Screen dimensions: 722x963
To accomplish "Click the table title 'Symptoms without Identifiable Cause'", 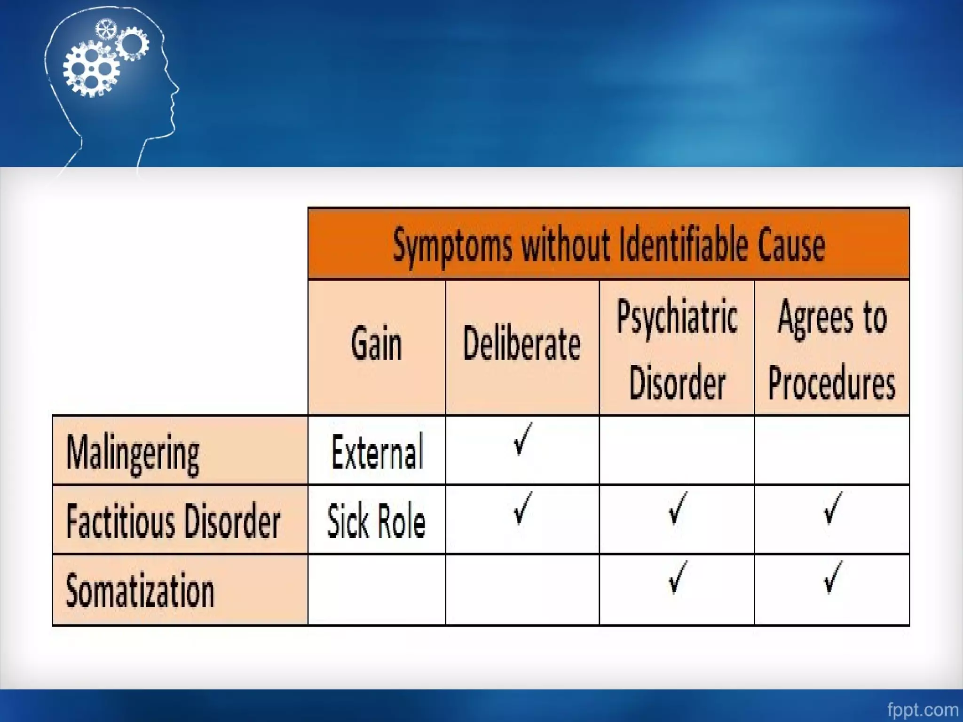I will pos(608,245).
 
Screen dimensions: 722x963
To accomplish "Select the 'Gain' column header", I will pos(376,345).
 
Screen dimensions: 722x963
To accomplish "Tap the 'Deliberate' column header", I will pos(521,345).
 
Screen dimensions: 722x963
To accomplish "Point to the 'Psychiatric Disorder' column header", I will pos(677,349).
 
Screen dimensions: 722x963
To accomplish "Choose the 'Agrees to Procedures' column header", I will pos(831,349).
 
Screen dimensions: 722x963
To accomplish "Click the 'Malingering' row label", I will pos(133,452).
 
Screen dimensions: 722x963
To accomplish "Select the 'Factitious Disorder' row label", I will pos(173,521).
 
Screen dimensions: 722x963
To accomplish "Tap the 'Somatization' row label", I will pos(140,590).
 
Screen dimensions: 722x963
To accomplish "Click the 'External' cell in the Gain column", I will pos(377,452).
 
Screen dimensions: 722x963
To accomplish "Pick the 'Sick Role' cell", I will pos(376,521).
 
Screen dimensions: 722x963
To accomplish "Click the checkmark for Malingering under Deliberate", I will pos(522,439).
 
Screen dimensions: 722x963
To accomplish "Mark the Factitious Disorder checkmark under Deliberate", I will pos(522,508).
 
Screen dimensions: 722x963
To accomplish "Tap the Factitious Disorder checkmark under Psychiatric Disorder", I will pos(677,508).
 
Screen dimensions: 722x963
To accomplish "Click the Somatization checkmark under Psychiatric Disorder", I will pos(677,577).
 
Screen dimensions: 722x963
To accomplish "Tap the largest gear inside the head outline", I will pos(91,69).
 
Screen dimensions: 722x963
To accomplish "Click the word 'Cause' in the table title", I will pos(791,245).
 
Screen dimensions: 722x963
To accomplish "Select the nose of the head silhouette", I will pos(176,88).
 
